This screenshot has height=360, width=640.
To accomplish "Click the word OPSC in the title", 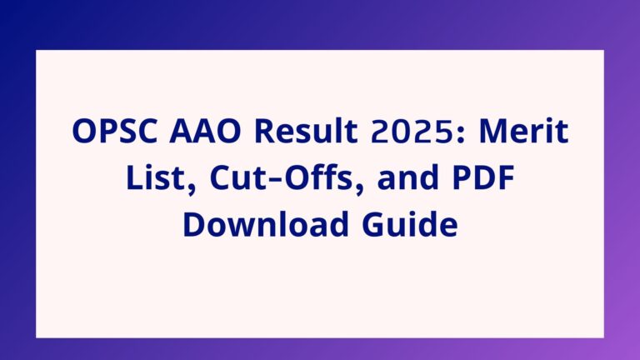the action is pos(115,131).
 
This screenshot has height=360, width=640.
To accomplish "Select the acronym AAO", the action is pos(206,131).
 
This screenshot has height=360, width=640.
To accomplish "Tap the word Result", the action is pos(306,130).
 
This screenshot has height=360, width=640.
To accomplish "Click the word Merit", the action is pos(523,130).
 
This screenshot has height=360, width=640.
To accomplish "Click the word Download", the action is pos(266,223).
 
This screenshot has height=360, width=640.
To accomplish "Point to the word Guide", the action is pos(410,223).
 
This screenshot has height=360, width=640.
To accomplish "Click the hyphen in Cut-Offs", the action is pos(275,180).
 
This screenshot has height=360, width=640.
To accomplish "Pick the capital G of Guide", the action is pos(373,225).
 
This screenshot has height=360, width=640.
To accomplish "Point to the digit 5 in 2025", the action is pos(444,132).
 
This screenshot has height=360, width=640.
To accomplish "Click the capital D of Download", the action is pos(194,225).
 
